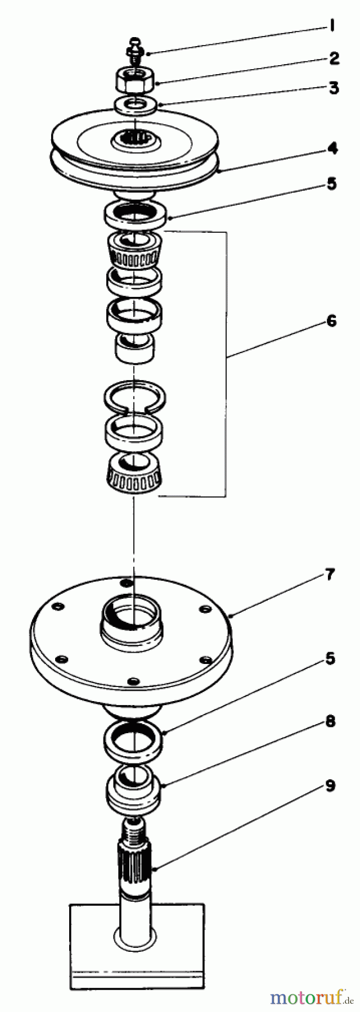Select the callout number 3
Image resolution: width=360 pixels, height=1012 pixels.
tap(334, 88)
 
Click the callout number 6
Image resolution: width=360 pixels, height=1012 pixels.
tap(330, 321)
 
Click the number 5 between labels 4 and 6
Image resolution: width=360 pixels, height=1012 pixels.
tap(331, 184)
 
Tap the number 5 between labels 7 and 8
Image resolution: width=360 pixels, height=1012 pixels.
tap(330, 658)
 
